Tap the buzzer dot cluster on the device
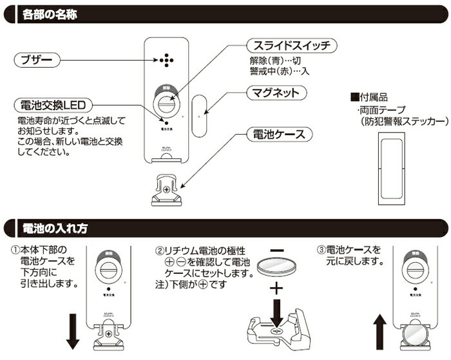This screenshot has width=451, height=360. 167,60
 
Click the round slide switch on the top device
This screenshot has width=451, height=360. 167,103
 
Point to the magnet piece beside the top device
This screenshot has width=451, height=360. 198,117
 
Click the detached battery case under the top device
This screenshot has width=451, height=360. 167,191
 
